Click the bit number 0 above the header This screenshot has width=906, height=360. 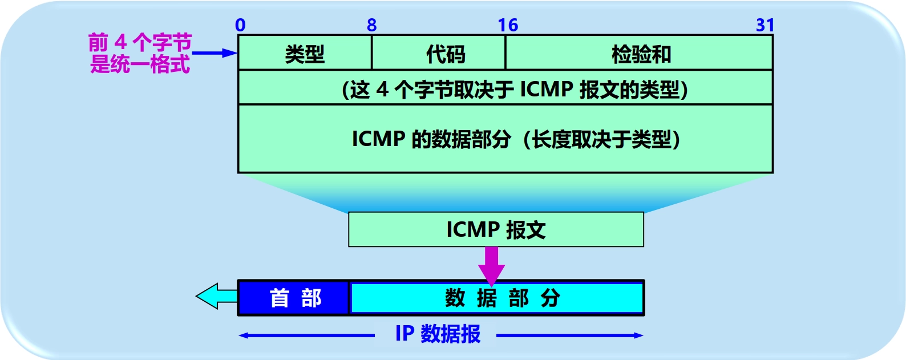point(240,25)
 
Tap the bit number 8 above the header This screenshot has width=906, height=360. point(372,25)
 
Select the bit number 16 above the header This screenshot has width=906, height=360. point(508,25)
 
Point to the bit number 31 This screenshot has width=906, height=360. point(765,25)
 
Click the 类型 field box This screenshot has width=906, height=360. point(305,52)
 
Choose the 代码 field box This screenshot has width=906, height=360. point(438,52)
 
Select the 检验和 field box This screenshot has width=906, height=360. point(639,52)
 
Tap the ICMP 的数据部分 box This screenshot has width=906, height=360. point(505,139)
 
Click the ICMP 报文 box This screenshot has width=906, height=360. point(496,229)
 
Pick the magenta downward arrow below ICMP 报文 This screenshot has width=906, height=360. point(491,266)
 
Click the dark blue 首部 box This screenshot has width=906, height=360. point(294,298)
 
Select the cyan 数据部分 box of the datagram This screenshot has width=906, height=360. point(497,298)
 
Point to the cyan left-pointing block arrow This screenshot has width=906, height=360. point(217,296)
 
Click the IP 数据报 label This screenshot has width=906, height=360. point(438,334)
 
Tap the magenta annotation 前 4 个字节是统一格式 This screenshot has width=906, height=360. point(140,54)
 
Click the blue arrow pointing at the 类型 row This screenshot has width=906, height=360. point(215,53)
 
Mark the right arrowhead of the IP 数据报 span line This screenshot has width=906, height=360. point(638,335)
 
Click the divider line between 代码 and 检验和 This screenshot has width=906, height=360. point(505,52)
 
